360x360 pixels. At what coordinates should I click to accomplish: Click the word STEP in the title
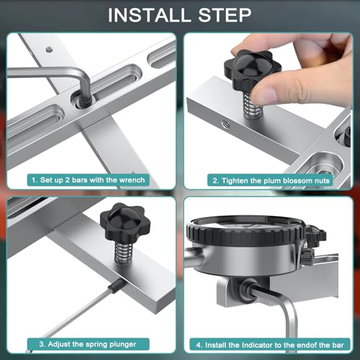coord(225,15)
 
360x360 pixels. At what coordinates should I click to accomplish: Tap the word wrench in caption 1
coord(132,180)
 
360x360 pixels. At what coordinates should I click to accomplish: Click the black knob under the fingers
coord(252,68)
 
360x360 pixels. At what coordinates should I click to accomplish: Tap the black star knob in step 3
coord(125,222)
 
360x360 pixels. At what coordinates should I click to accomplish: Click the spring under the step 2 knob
coord(252,104)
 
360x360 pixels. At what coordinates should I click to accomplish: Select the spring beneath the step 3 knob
coord(124,252)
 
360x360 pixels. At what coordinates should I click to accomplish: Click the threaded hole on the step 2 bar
coord(226,125)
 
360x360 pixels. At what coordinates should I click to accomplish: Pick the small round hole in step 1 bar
coord(49,50)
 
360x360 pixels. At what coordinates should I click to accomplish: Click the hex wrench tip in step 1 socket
coord(85,101)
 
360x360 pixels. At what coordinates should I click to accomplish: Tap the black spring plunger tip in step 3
coord(117,286)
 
